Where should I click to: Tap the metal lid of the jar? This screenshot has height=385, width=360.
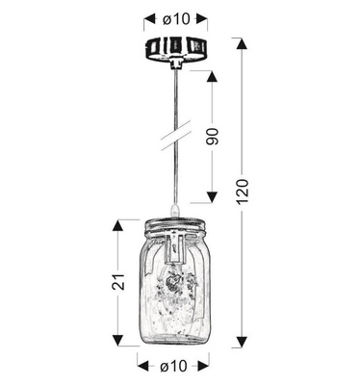(174, 229)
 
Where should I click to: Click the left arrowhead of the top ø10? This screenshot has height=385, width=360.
(147, 17)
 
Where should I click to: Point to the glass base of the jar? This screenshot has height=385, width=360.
(175, 339)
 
